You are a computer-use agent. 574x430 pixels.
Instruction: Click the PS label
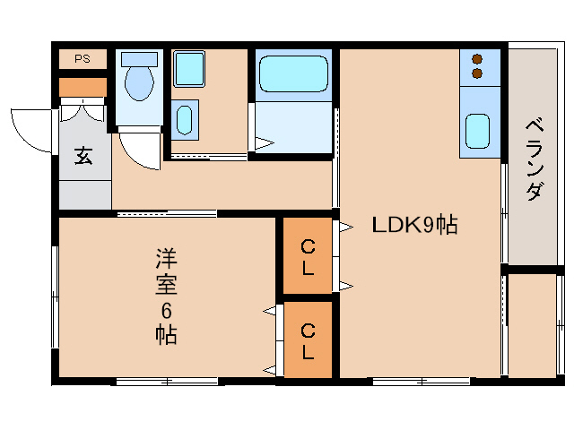(x=83, y=59)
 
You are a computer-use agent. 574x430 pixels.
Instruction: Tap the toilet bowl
(x=139, y=84)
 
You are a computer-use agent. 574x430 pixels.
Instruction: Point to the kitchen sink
(x=476, y=132)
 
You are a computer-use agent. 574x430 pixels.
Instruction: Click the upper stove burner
(x=476, y=58)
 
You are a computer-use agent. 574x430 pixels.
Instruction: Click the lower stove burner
(x=476, y=73)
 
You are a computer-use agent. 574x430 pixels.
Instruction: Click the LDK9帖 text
(x=414, y=226)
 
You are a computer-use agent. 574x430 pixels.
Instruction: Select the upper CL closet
(x=308, y=256)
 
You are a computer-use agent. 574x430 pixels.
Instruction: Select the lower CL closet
(x=308, y=340)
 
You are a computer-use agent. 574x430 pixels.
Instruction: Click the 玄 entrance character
(x=83, y=156)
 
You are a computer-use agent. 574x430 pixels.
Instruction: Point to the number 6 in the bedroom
(x=166, y=311)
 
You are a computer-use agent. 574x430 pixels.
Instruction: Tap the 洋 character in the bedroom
(x=166, y=260)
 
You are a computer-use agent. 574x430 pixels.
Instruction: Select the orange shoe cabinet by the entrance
(x=83, y=87)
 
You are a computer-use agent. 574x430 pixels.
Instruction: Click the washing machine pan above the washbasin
(x=188, y=67)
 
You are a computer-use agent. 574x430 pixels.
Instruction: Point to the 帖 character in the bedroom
(x=166, y=335)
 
